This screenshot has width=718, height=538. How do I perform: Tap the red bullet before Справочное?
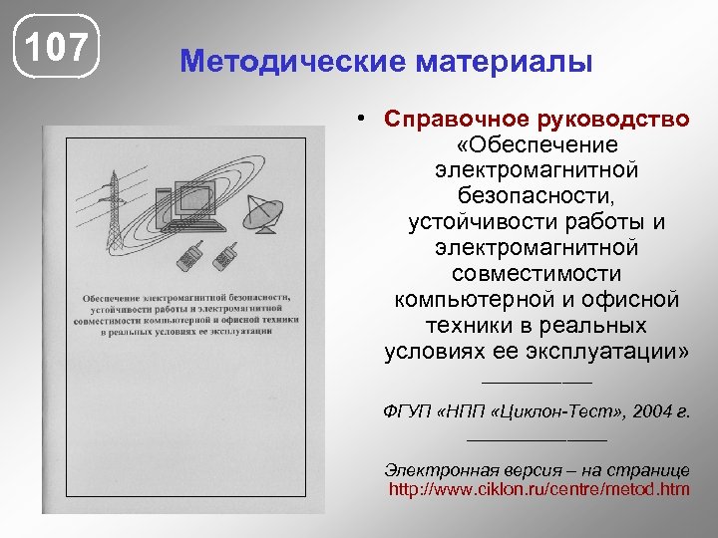point(368,119)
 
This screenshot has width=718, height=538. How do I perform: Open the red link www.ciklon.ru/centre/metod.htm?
point(538,489)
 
